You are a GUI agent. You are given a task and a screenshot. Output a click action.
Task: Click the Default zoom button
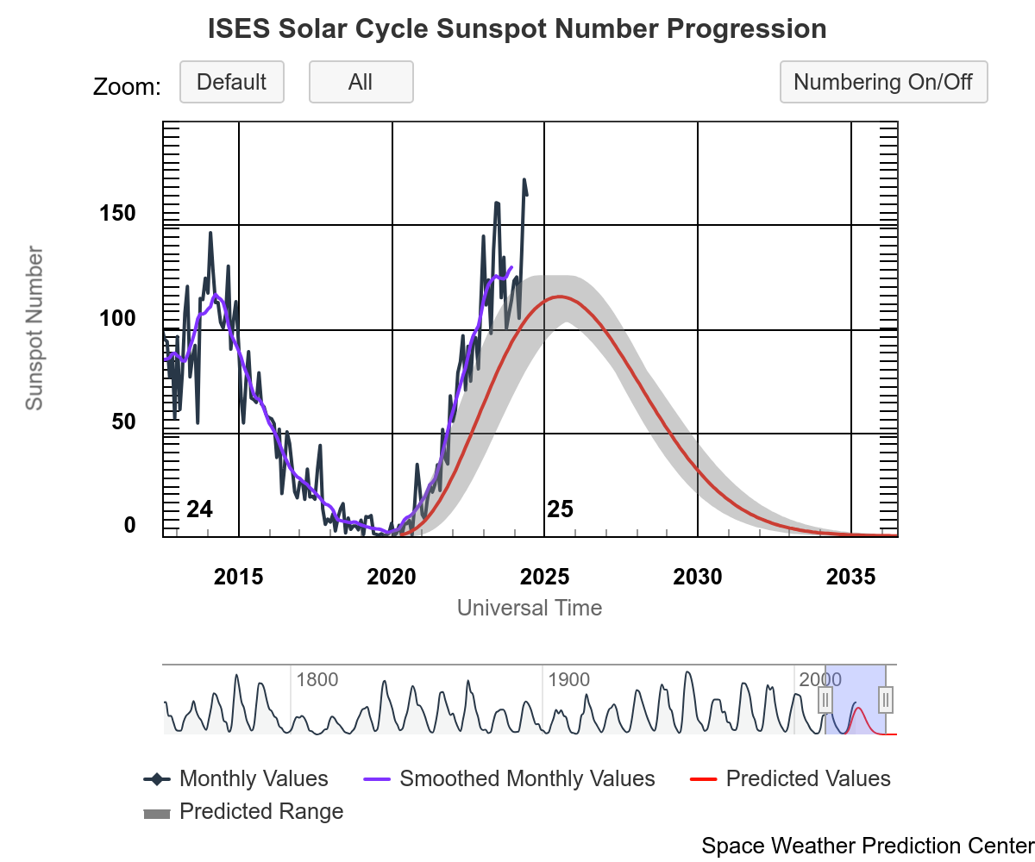click(x=231, y=83)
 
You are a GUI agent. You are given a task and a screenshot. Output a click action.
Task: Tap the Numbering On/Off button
click(x=883, y=83)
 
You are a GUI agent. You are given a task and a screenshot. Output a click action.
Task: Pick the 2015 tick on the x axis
click(x=239, y=577)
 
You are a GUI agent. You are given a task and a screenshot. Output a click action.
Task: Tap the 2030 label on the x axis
click(x=698, y=577)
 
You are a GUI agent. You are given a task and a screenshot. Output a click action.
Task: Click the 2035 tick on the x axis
click(x=851, y=577)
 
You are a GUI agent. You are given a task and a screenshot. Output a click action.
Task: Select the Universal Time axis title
click(x=530, y=608)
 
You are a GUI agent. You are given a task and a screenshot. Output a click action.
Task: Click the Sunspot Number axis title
click(x=34, y=328)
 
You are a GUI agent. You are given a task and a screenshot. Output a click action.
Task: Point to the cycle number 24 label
click(x=199, y=510)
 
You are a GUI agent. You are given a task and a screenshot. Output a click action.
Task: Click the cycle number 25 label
click(x=560, y=510)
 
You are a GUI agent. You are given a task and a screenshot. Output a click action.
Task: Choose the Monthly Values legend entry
click(x=254, y=779)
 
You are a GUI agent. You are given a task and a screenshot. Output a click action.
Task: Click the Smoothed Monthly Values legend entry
click(x=527, y=779)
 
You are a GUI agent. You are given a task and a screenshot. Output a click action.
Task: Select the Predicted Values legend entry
click(x=808, y=779)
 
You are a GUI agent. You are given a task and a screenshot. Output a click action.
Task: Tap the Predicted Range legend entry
click(x=261, y=812)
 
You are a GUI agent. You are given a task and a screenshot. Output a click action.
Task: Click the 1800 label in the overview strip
click(x=317, y=680)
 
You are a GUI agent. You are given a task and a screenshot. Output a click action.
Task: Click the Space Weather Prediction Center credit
click(x=868, y=846)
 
